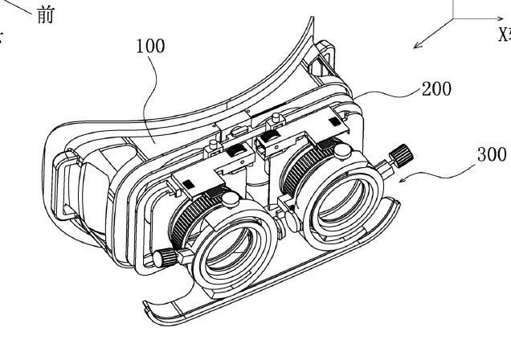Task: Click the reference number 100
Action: point(149,46)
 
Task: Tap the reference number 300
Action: point(491,154)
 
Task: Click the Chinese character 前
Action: point(47,15)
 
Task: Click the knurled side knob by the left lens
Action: point(164,257)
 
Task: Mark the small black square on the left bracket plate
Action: point(182,186)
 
